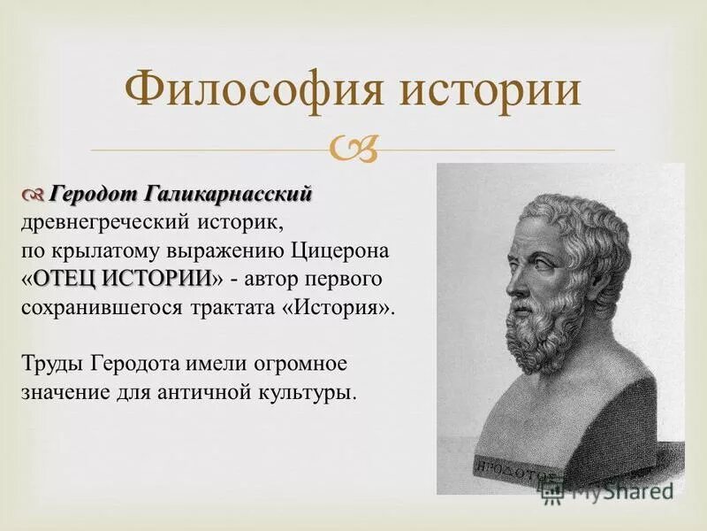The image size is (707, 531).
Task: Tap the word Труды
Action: (49, 365)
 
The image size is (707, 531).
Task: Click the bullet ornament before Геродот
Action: (32, 194)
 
